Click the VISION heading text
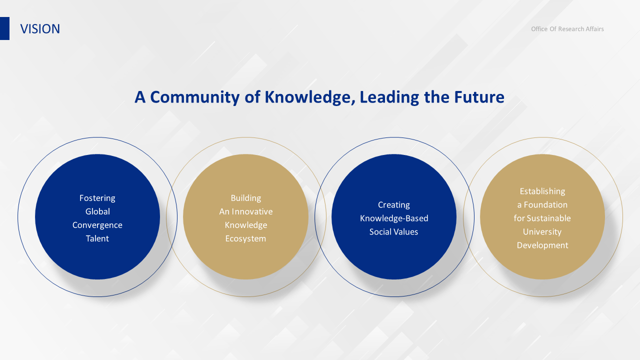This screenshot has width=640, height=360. [40, 29]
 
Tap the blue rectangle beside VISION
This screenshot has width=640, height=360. [4, 28]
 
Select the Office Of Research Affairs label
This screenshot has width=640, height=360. [567, 29]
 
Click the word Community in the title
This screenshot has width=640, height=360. [195, 97]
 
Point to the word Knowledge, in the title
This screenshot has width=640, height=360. [309, 97]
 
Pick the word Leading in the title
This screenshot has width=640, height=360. [389, 97]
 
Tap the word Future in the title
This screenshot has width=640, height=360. [479, 97]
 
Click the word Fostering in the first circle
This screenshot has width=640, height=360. [97, 198]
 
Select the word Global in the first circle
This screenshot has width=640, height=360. [97, 211]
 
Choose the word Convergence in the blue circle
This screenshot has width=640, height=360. [97, 225]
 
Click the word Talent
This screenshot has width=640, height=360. [97, 238]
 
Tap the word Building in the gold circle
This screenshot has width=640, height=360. [245, 198]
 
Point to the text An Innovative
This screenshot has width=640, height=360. [245, 211]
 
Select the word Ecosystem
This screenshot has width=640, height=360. [245, 238]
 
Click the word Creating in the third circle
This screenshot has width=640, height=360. [394, 205]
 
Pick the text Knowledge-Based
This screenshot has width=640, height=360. [394, 218]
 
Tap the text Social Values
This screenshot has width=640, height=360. [393, 231]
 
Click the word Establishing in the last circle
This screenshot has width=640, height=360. [542, 191]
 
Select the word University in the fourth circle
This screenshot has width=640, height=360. [542, 231]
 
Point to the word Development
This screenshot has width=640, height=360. [542, 245]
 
